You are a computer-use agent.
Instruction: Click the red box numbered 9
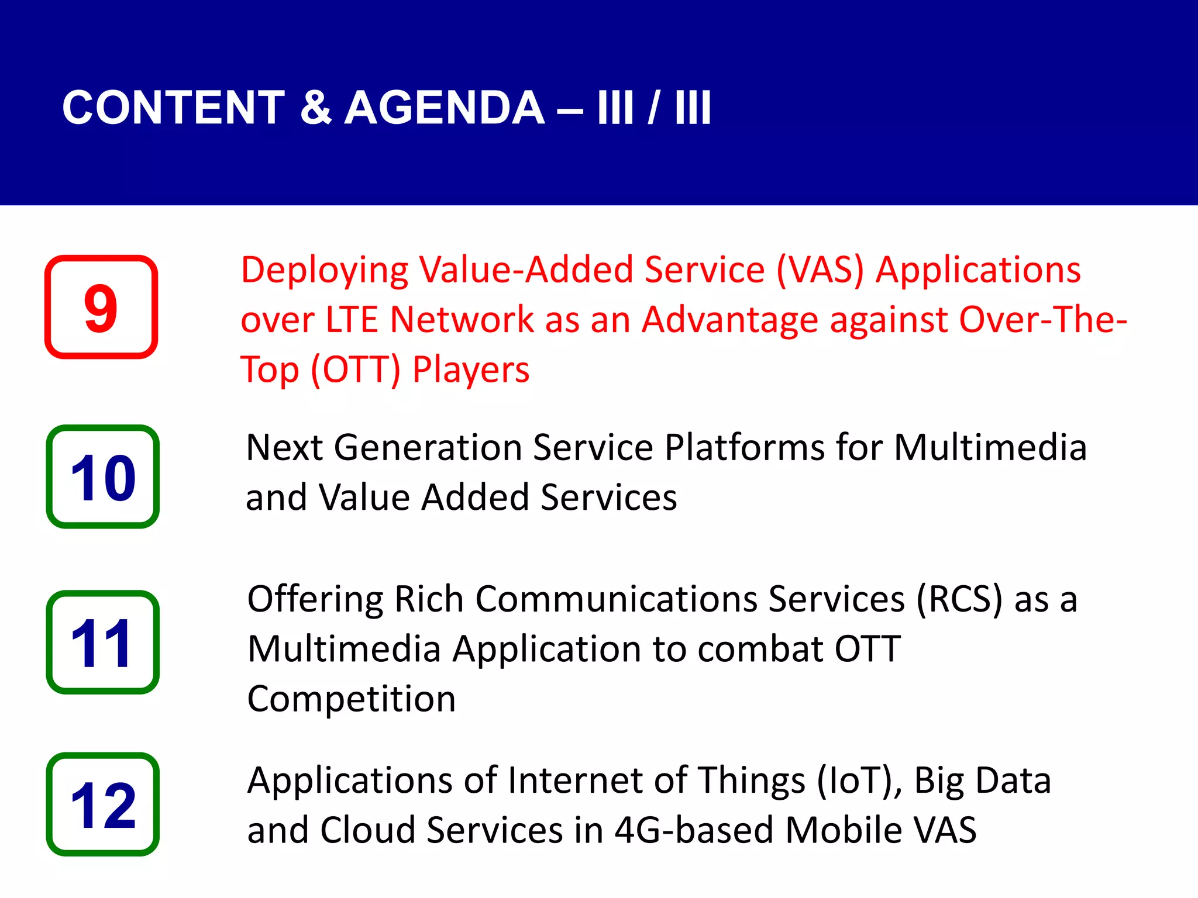pyautogui.click(x=101, y=307)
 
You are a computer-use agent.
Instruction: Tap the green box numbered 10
pyautogui.click(x=103, y=476)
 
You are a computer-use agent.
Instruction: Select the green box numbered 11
pyautogui.click(x=103, y=642)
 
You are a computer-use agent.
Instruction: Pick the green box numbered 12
pyautogui.click(x=103, y=804)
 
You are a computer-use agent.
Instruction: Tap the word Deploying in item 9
pyautogui.click(x=325, y=271)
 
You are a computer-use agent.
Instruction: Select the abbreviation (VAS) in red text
pyautogui.click(x=820, y=270)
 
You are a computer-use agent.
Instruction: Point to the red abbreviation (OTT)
pyautogui.click(x=356, y=370)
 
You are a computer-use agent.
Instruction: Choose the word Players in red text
pyautogui.click(x=471, y=371)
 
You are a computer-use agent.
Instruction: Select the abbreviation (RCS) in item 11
pyautogui.click(x=959, y=600)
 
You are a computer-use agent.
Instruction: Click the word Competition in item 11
pyautogui.click(x=351, y=699)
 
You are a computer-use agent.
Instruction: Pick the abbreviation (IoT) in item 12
pyautogui.click(x=859, y=781)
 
